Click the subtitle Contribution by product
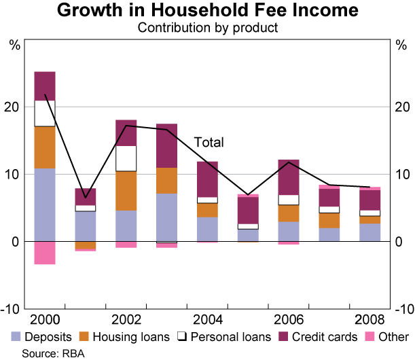click(208, 28)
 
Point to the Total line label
click(209, 143)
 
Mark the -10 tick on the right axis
click(402, 309)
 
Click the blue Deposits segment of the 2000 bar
click(45, 204)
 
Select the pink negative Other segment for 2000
click(45, 253)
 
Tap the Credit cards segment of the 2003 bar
click(167, 145)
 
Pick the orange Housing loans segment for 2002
click(126, 191)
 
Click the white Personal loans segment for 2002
click(126, 158)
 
